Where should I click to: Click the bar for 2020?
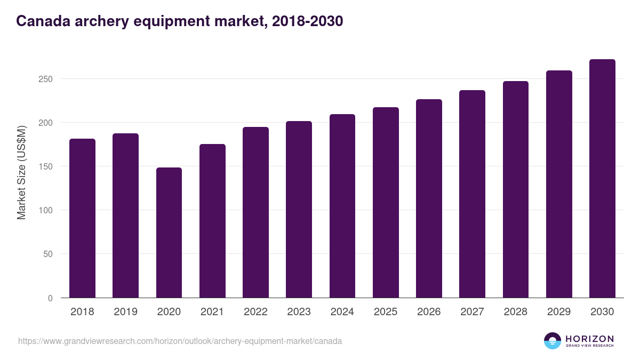pos(169,233)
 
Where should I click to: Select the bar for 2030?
pos(602,179)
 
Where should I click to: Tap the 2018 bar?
pos(82,218)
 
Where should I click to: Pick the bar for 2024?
pos(342,206)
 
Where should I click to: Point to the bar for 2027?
pos(472,194)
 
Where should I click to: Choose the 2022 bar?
pos(255,212)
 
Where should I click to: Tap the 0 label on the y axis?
pos(50,298)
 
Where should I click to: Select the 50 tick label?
pos(48,254)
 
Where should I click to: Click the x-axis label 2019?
pos(125,312)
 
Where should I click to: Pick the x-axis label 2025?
pos(386,312)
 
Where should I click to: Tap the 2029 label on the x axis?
pos(559,312)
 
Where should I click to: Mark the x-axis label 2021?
pos(212,312)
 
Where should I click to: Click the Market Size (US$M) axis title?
pos(21,172)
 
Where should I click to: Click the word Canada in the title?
pos(41,21)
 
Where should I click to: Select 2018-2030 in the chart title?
pos(307,21)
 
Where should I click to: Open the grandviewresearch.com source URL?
pos(180,341)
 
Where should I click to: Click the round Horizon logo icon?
pos(553,341)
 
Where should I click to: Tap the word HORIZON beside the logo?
pos(589,339)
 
